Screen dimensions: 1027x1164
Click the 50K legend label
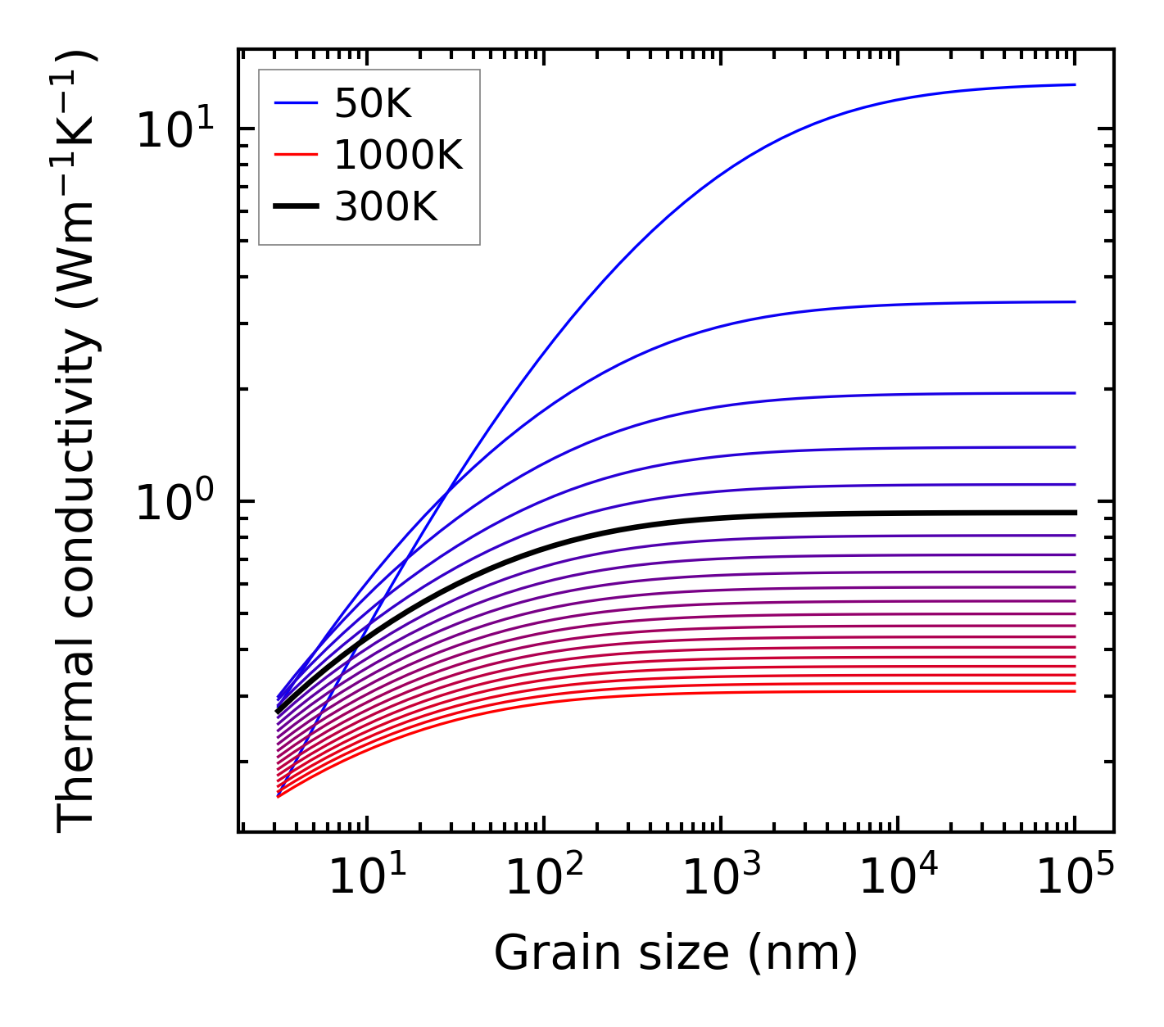click(373, 103)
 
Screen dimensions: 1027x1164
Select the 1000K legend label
click(399, 155)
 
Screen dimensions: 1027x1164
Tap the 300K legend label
click(387, 207)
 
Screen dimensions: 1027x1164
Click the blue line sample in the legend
click(295, 103)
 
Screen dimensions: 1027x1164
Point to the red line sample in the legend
click(295, 155)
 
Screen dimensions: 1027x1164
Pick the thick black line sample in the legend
click(295, 207)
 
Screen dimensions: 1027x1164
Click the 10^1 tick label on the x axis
click(367, 879)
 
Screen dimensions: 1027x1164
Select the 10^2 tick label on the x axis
click(544, 879)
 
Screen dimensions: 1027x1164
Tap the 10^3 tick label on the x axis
click(721, 879)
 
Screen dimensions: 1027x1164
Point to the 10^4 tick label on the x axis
click(898, 879)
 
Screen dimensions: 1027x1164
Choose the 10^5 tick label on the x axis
click(1075, 879)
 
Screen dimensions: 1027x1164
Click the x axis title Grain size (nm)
click(676, 953)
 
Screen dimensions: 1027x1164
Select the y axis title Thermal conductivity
click(78, 442)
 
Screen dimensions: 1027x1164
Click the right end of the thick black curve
click(1074, 513)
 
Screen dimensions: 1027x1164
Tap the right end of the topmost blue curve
click(1074, 84)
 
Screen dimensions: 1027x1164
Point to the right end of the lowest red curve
click(1074, 691)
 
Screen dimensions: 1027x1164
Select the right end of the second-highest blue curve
click(1074, 302)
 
